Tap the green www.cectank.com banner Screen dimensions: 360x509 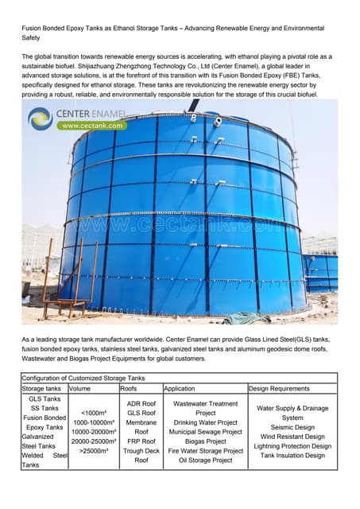pyautogui.click(x=91, y=126)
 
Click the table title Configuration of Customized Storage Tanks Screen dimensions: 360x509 pyautogui.click(x=83, y=378)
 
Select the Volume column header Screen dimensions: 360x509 pyautogui.click(x=80, y=389)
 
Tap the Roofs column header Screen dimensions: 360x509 pyautogui.click(x=129, y=389)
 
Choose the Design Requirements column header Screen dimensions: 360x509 pyautogui.click(x=279, y=389)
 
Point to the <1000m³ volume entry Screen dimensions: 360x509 pyautogui.click(x=91, y=413)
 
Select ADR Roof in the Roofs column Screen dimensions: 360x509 pyautogui.click(x=141, y=404)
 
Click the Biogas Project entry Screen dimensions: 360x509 pyautogui.click(x=205, y=441)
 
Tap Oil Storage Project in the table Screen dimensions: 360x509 pyautogui.click(x=205, y=460)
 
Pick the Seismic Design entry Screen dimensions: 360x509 pyautogui.click(x=292, y=427)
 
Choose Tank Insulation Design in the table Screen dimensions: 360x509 pyautogui.click(x=292, y=456)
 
